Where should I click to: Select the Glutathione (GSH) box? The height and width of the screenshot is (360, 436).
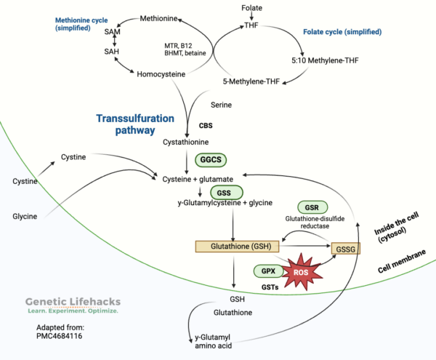tap(233, 247)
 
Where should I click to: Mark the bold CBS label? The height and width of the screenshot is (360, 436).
tap(206, 124)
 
